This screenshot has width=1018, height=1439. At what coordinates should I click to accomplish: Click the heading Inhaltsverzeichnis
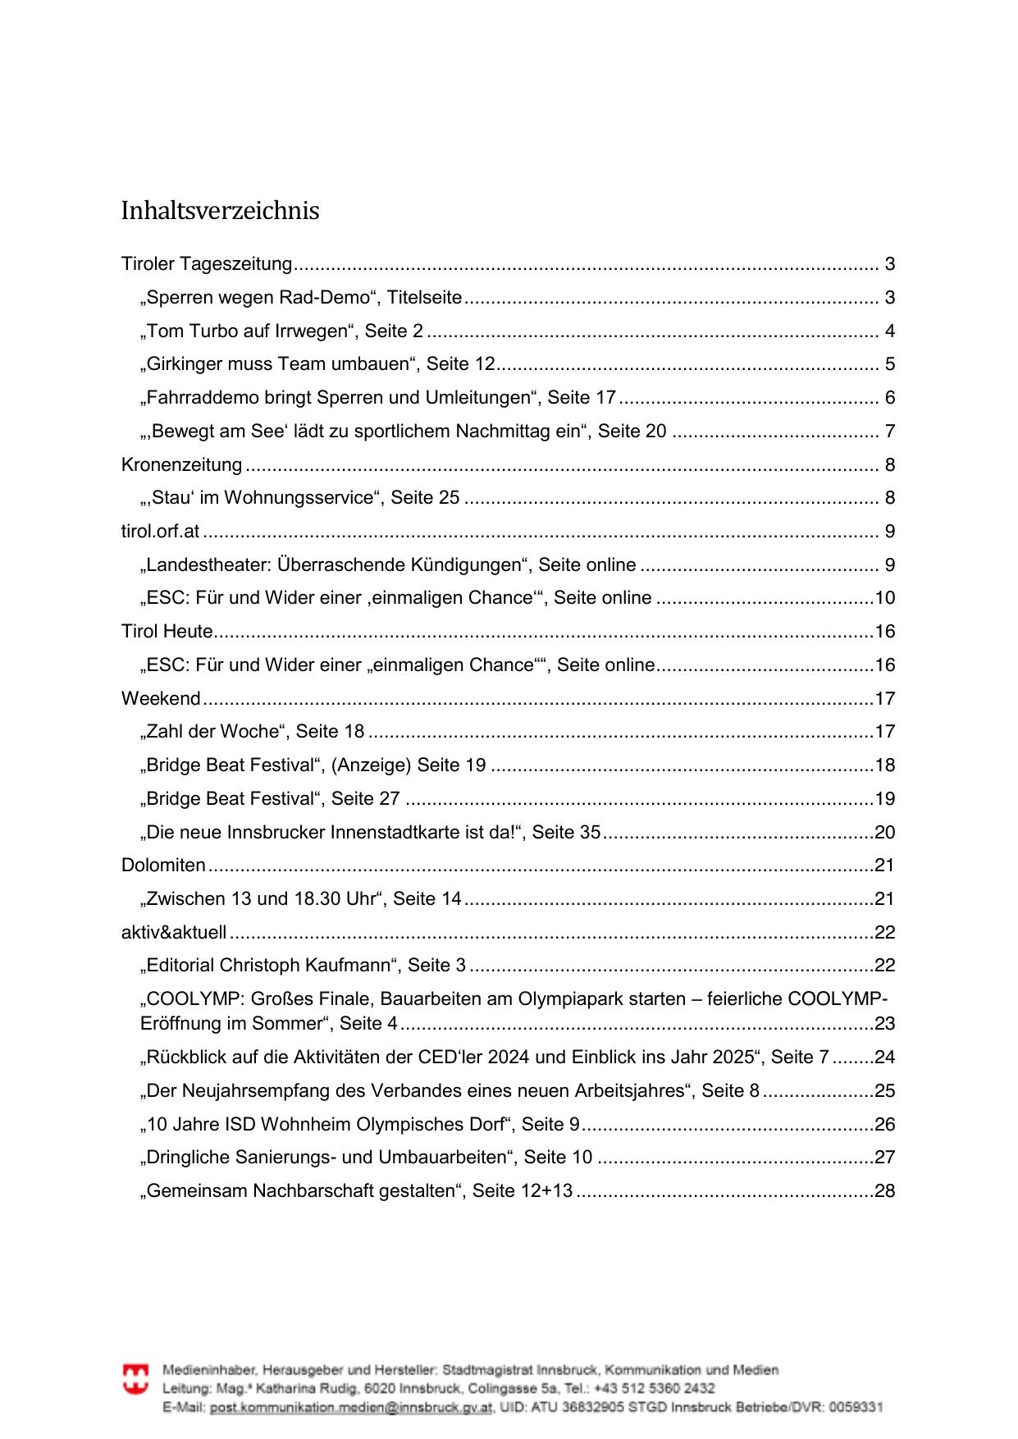point(220,211)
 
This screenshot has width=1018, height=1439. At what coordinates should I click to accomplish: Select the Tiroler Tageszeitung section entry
point(207,264)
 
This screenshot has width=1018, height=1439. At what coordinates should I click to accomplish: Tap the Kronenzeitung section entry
point(181,465)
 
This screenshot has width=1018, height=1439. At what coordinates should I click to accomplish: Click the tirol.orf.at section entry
point(160,532)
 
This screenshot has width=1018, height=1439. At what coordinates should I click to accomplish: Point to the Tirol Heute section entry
point(167,632)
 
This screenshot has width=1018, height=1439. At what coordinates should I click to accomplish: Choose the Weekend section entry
point(161,699)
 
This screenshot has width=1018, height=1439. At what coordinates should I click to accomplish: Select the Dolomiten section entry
point(163,866)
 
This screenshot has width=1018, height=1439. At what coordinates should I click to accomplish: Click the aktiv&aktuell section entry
point(174,933)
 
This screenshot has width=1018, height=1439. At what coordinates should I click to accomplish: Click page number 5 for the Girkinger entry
point(889,365)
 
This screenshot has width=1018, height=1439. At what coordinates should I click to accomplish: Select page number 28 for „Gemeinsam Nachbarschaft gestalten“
point(884,1191)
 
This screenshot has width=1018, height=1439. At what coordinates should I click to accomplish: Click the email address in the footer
point(351,1407)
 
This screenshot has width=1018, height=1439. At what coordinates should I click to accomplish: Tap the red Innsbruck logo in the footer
point(136,1379)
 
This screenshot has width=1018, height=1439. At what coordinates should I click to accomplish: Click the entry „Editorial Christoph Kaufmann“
point(303,966)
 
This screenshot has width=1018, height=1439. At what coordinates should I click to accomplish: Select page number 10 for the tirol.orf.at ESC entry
point(884,598)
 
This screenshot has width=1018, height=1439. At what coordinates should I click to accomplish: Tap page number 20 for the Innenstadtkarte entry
point(884,833)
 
